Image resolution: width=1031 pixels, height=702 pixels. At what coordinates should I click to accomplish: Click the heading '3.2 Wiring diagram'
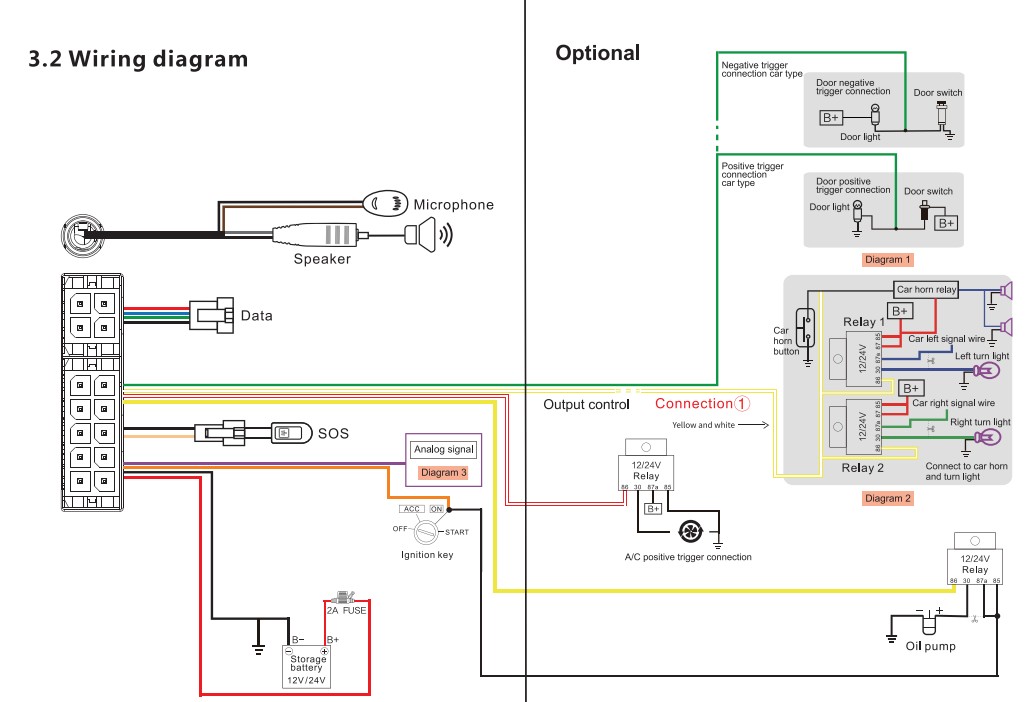(138, 59)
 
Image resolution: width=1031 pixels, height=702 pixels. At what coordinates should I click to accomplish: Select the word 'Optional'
(597, 53)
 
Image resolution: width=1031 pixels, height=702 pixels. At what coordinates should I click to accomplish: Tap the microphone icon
(385, 203)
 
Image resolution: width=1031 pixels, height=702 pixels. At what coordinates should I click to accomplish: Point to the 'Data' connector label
(256, 316)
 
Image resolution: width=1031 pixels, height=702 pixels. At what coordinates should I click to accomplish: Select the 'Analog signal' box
(444, 450)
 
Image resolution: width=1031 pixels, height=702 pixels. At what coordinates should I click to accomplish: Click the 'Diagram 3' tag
(444, 472)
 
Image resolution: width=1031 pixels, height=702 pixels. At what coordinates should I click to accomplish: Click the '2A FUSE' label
(347, 608)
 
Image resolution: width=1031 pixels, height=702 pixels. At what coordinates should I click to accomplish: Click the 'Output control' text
(586, 405)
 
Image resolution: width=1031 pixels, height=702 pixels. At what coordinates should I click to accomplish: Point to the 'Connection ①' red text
(701, 404)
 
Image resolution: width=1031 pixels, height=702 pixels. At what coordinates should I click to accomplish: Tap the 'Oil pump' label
(930, 646)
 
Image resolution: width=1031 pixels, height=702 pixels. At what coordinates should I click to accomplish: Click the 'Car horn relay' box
(926, 290)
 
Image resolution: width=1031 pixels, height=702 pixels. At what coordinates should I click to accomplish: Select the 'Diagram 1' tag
(888, 260)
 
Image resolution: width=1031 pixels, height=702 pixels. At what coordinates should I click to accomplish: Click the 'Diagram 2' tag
(888, 498)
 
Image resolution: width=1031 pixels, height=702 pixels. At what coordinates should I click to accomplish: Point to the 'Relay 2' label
(863, 467)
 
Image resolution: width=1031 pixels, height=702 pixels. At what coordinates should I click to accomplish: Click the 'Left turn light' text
(982, 356)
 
